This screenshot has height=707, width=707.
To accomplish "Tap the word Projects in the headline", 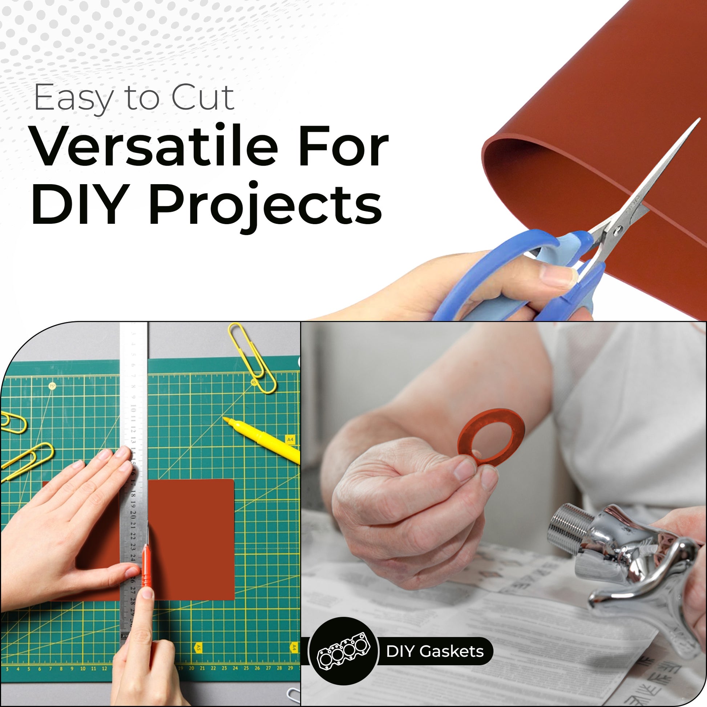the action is point(265,205).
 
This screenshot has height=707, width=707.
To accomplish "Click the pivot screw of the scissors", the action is point(618,230).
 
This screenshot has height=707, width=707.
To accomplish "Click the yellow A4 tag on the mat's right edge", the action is point(290,439).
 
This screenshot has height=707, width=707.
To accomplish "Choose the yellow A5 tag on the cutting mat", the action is point(198,648).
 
